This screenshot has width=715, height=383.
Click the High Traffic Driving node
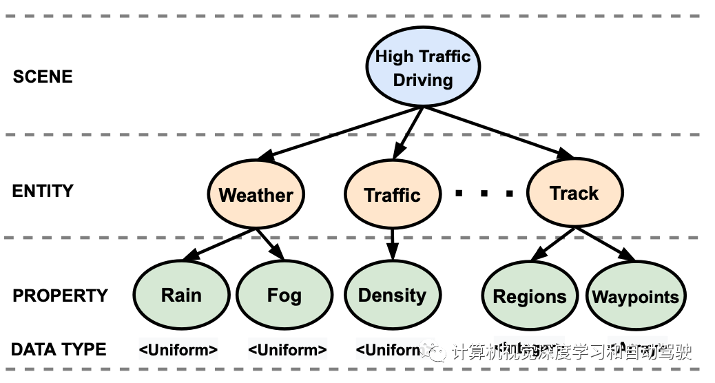pyautogui.click(x=422, y=68)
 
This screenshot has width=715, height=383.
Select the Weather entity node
pyautogui.click(x=256, y=195)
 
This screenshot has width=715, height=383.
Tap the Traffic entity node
pyautogui.click(x=392, y=195)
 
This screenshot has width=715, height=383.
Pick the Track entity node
pyautogui.click(x=574, y=193)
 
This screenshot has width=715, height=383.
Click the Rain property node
pyautogui.click(x=181, y=296)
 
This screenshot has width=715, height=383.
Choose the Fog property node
pyautogui.click(x=284, y=296)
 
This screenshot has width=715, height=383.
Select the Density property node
pyautogui.click(x=392, y=296)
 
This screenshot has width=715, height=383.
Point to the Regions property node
pyautogui.click(x=529, y=297)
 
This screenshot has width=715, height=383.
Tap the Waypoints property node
pyautogui.click(x=635, y=297)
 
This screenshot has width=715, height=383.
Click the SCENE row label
pyautogui.click(x=43, y=76)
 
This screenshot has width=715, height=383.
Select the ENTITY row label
pyautogui.click(x=43, y=191)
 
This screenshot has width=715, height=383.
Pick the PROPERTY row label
pyautogui.click(x=61, y=296)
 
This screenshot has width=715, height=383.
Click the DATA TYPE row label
pyautogui.click(x=59, y=349)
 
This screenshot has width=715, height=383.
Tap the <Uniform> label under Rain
pyautogui.click(x=178, y=350)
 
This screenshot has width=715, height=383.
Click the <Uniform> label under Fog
pyautogui.click(x=287, y=350)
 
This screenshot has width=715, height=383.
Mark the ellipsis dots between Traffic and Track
pyautogui.click(x=484, y=194)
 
